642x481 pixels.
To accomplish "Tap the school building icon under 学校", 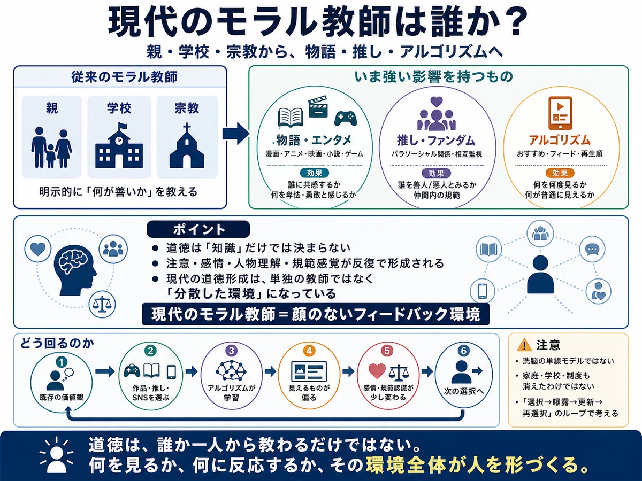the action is tap(119, 145).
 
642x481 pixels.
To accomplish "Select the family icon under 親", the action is tap(51, 148).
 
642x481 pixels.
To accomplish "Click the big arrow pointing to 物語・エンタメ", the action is tap(236, 134).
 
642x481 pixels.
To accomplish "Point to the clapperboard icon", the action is tap(318, 106).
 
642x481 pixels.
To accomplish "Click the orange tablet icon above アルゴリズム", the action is tap(560, 113).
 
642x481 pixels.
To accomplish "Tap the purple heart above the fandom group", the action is tap(437, 102).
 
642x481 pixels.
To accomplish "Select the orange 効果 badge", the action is tap(560, 173).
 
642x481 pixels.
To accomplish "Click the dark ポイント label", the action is tap(198, 229).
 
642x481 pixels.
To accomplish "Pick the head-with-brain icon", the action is tap(75, 270).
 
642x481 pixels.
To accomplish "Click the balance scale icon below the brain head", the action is tap(102, 304).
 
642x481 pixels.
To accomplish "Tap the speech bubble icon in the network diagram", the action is tap(592, 249).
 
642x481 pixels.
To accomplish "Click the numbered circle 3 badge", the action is tap(231, 351).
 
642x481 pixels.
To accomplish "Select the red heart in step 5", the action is tap(377, 370).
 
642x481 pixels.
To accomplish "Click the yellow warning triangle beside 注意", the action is tap(524, 345).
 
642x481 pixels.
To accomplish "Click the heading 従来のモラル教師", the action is tap(124, 77).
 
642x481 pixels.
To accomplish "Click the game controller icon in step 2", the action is tap(132, 370).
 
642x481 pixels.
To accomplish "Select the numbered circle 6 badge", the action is tap(464, 351).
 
